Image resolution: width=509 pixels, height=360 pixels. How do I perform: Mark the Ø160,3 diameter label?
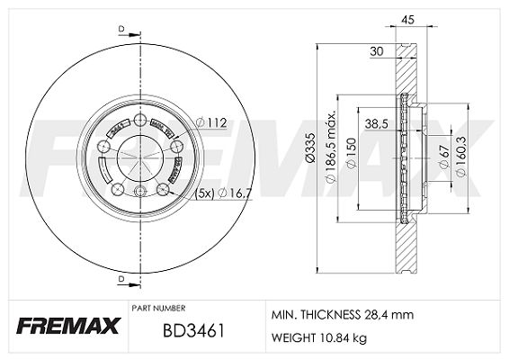(x=460, y=154)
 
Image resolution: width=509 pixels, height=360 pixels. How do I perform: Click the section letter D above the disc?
(x=121, y=31)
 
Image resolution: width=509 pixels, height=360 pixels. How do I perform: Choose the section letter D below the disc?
(x=121, y=281)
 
